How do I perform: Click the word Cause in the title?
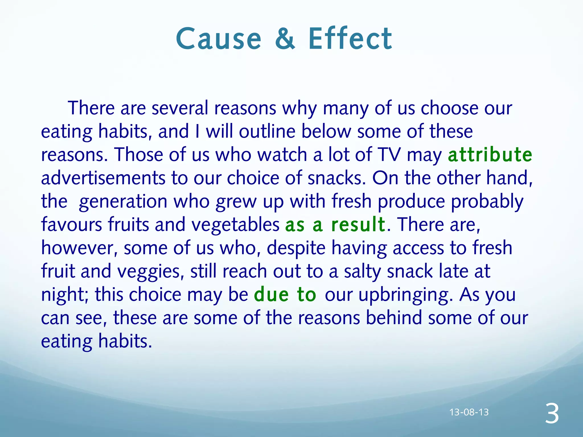(x=218, y=39)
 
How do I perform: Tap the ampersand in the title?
(x=285, y=39)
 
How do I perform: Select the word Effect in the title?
(x=350, y=39)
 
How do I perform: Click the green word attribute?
(x=490, y=155)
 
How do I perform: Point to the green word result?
(x=358, y=224)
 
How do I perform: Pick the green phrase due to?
(x=285, y=294)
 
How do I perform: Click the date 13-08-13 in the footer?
(x=469, y=412)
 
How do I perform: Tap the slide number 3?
(x=552, y=414)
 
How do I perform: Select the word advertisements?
(x=103, y=178)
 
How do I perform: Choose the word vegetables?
(x=235, y=224)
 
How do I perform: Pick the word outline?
(x=267, y=131)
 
